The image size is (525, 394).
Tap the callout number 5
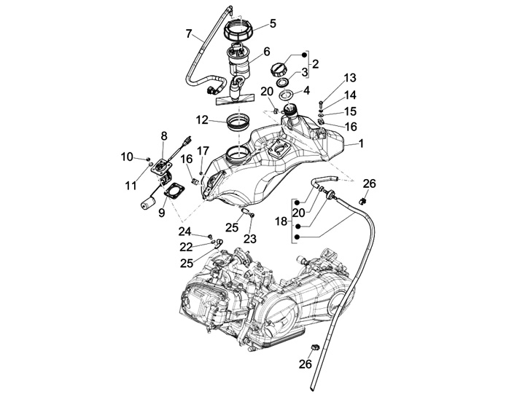click(273, 23)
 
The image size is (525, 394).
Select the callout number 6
click(267, 52)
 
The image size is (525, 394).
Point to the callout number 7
click(190, 34)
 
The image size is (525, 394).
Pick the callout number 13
click(350, 78)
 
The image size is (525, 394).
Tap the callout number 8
click(163, 135)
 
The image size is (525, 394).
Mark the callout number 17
click(202, 151)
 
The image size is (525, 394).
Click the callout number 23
click(250, 238)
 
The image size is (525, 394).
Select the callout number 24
click(184, 232)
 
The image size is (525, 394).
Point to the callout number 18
click(282, 220)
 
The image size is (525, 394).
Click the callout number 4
click(306, 91)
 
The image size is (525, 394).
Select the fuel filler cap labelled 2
click(280, 70)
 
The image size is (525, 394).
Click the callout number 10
click(127, 157)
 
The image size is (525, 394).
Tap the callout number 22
click(186, 246)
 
